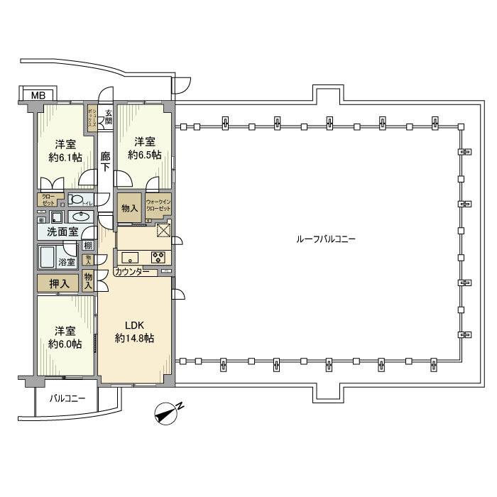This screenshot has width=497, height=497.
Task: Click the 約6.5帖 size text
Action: pos(144,154)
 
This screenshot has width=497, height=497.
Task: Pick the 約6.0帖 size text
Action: pos(64,344)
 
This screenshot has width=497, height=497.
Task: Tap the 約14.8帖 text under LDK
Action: pos(134,339)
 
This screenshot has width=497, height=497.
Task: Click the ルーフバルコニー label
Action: pos(326,239)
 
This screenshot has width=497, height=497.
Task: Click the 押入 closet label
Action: pos(58,284)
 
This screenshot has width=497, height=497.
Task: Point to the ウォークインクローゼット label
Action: pos(158,206)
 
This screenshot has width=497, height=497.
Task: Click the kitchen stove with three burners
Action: pos(158,257)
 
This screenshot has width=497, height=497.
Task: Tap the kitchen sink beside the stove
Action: pos(131,257)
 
